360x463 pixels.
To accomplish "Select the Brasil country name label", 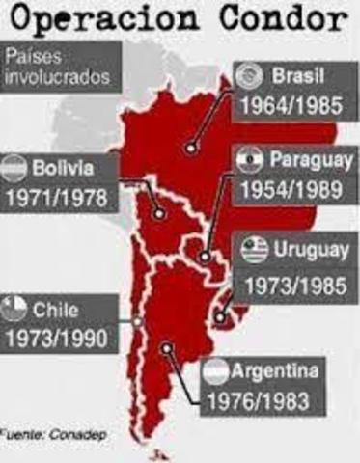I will coord(300,75).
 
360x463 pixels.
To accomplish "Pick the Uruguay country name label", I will coord(311,250).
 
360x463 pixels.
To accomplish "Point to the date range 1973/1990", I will coord(59,338).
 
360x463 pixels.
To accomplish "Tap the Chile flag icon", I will coord(15,310).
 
